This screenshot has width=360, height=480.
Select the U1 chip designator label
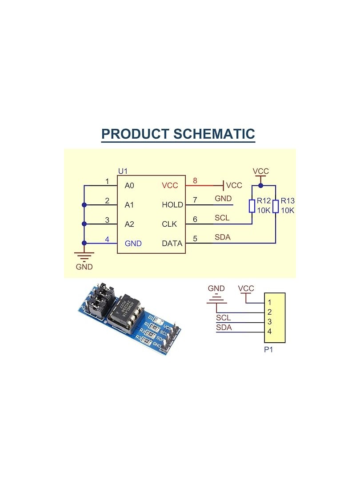click(122, 171)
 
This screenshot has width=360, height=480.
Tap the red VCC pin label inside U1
click(170, 185)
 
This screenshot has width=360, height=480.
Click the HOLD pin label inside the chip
click(172, 205)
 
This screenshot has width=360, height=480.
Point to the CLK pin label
click(169, 224)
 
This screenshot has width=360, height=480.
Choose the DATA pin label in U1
click(172, 244)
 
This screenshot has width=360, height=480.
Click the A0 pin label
click(129, 185)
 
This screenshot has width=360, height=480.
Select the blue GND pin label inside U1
click(133, 244)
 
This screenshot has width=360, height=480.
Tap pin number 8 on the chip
click(194, 180)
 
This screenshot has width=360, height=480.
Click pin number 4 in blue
click(107, 239)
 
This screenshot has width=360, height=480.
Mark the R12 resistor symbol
click(252, 206)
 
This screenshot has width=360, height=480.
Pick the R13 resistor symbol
click(276, 206)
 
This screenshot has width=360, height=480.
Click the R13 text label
click(288, 201)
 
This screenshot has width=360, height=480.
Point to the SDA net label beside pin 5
click(223, 237)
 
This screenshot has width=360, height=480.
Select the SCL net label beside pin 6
click(222, 218)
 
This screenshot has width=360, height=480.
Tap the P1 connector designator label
click(268, 350)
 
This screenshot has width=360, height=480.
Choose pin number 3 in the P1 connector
click(270, 322)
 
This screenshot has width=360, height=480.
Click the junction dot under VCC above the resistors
click(260, 185)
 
